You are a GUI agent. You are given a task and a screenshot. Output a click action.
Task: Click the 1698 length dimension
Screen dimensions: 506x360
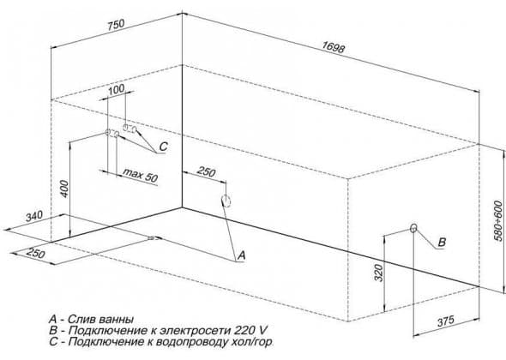[x=334, y=47]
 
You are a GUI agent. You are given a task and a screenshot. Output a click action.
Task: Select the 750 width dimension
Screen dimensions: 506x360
[x=116, y=26]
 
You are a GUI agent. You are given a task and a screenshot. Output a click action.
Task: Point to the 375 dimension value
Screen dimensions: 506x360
[x=446, y=321]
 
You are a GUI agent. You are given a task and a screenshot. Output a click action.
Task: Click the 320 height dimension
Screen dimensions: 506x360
[x=378, y=273]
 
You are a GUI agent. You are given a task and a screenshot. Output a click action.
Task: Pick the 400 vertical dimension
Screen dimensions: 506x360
[x=64, y=189]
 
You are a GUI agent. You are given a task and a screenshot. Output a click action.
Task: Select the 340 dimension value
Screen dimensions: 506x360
[x=34, y=216]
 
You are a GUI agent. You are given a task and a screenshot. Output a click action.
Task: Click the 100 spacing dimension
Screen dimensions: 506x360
[x=116, y=89]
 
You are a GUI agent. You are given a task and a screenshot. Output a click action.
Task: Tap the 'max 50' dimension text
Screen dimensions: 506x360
[x=141, y=175]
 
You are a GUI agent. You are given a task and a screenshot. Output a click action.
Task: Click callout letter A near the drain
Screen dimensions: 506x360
[x=241, y=255]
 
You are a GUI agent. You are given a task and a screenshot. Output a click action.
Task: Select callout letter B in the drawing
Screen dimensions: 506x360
[x=442, y=242]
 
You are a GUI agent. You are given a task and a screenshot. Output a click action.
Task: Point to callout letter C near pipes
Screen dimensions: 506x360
[x=164, y=147]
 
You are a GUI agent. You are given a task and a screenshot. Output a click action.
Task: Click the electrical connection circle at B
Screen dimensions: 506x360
[x=413, y=228]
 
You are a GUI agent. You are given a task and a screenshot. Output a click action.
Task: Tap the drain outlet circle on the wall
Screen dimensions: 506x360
[x=226, y=201]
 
